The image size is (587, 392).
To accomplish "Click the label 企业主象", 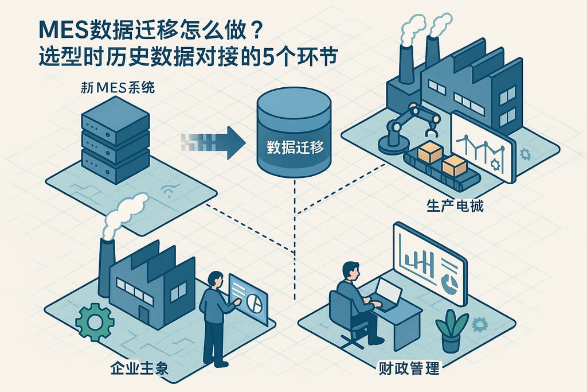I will [139, 368].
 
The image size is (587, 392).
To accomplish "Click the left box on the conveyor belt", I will [430, 153].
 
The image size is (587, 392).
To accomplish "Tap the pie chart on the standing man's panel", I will [256, 302].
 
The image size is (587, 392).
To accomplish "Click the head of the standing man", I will [216, 280].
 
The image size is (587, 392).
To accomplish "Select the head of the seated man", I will [351, 270].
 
